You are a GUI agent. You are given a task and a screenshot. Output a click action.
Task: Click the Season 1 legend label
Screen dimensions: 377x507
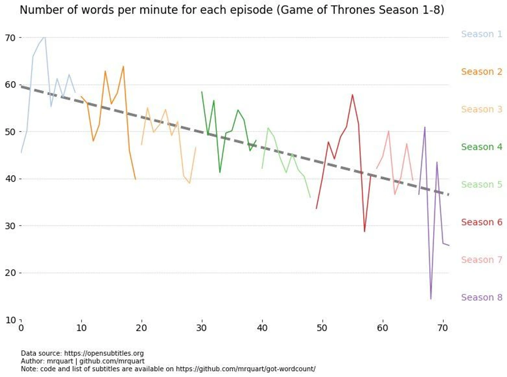pos(481,34)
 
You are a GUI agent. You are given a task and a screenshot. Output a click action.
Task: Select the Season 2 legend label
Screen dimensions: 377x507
pos(481,72)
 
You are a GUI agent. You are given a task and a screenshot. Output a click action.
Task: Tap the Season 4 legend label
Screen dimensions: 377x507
pos(481,147)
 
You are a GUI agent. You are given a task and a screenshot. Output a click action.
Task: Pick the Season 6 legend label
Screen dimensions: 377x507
pos(481,222)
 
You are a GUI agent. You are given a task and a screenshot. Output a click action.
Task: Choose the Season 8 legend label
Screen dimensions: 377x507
pos(481,297)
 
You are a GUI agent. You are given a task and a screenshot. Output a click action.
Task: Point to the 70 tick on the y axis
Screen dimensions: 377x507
pos(10,38)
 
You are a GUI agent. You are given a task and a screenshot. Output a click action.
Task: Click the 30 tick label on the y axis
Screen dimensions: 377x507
pos(10,226)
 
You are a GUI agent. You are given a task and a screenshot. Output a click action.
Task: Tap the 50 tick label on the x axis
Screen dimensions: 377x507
pos(322,328)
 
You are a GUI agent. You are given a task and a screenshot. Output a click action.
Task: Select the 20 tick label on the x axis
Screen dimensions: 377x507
pos(141,328)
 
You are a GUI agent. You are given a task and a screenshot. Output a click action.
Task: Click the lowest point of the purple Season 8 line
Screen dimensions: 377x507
pos(431,299)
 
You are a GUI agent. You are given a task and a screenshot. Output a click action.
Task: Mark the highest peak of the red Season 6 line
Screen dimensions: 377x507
pos(352,95)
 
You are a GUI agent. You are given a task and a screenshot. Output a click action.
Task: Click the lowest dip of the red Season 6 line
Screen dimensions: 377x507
pos(364,231)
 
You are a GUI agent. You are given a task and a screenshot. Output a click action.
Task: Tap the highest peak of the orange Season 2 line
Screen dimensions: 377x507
pos(123,66)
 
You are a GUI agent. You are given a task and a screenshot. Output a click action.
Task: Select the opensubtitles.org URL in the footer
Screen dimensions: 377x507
pos(104,353)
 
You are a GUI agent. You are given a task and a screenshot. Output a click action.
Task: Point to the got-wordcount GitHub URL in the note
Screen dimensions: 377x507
pos(246,369)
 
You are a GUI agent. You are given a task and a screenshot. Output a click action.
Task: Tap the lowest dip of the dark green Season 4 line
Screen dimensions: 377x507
pos(220,172)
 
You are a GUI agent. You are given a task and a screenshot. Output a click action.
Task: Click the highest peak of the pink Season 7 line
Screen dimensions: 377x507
pos(389,131)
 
